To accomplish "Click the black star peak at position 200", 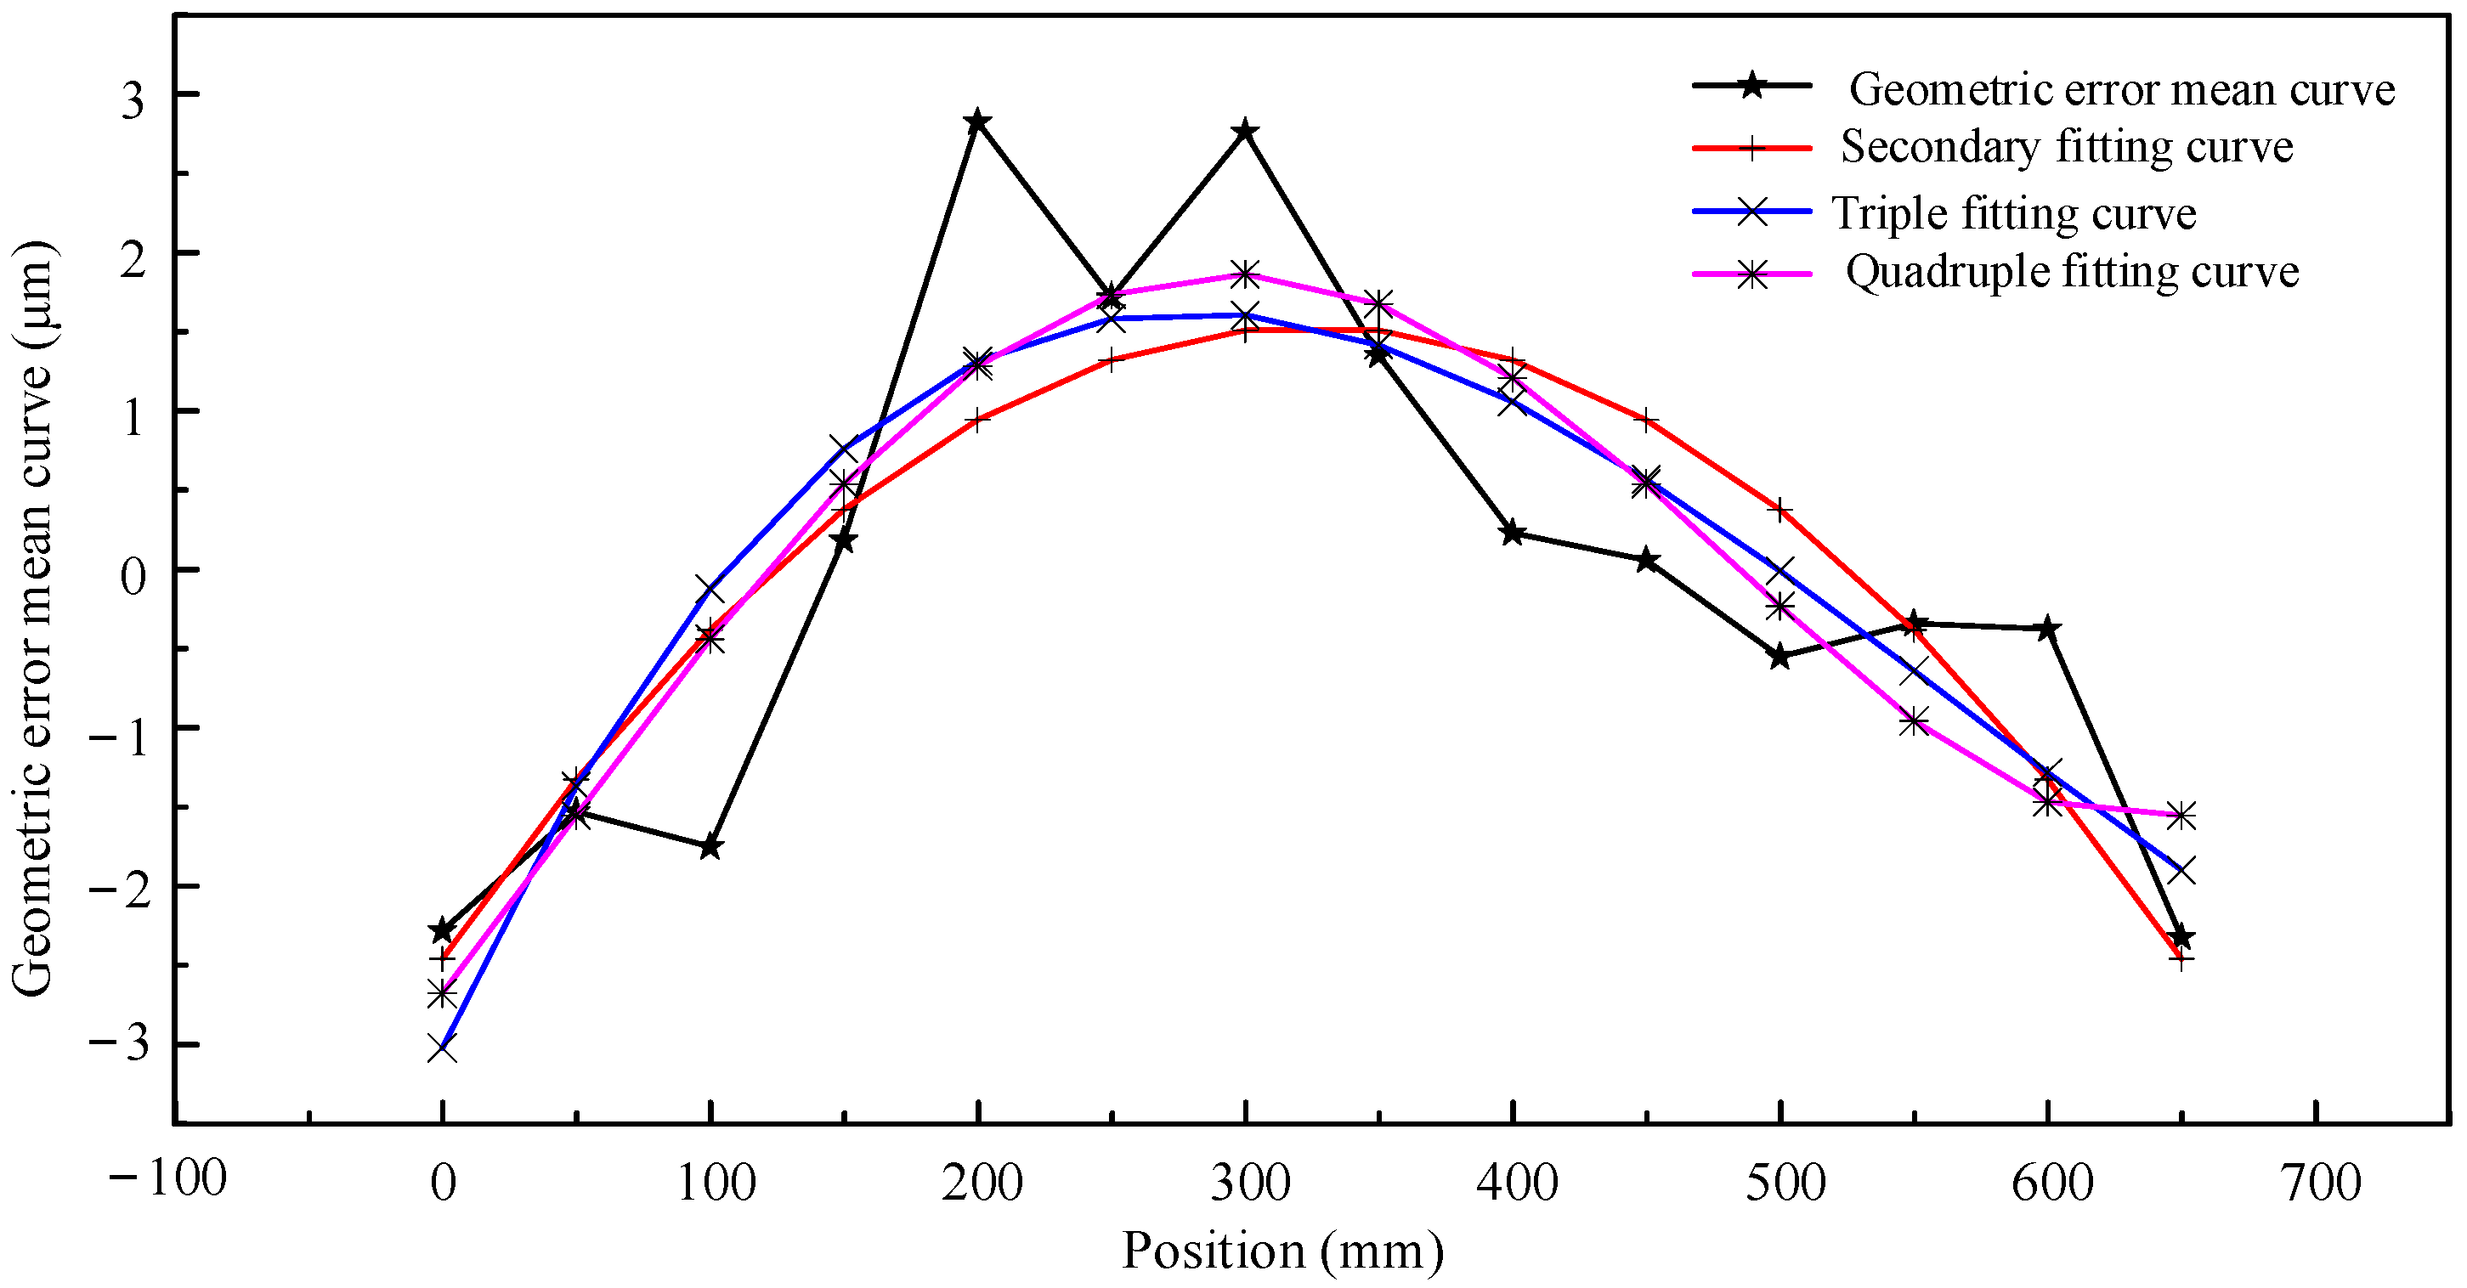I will coord(976,121).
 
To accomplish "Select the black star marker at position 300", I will coord(1245,131).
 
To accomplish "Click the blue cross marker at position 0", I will coord(442,1048).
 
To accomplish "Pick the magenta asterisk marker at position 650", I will coord(2181,816).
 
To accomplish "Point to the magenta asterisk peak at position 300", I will coord(1245,274).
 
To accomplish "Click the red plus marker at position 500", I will coord(1780,510).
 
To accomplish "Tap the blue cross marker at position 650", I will coord(2181,871).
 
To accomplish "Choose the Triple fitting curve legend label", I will coord(2013,212).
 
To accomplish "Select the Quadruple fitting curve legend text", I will coord(2072,272).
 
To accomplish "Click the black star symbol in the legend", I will coord(1751,85).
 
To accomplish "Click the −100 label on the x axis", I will coord(167,1177).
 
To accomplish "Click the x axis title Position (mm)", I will coord(1282,1251).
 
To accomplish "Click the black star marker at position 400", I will coord(1512,534).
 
